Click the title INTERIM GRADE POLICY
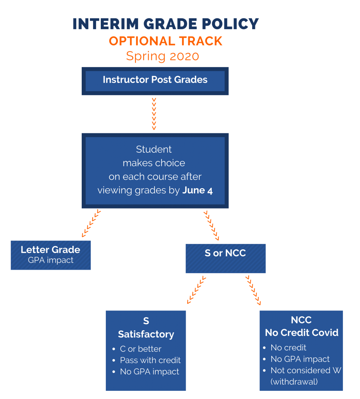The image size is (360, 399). click(165, 24)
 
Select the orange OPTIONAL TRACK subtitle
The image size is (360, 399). click(165, 41)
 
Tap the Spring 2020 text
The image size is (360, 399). click(162, 56)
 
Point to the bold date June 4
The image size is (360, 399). click(197, 191)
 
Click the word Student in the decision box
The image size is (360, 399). click(154, 149)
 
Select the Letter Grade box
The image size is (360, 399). click(51, 255)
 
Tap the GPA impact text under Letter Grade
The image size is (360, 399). click(51, 260)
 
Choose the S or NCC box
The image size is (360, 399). click(225, 258)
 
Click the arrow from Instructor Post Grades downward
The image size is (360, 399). click(154, 114)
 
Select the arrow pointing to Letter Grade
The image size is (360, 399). click(91, 223)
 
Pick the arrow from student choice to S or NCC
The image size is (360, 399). click(211, 225)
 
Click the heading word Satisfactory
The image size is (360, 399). click(146, 334)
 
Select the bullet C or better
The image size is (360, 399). click(140, 349)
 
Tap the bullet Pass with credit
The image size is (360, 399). click(150, 360)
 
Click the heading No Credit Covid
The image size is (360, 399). click(302, 333)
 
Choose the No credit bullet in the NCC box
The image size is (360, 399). click(288, 348)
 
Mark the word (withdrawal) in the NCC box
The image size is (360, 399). click(294, 381)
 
